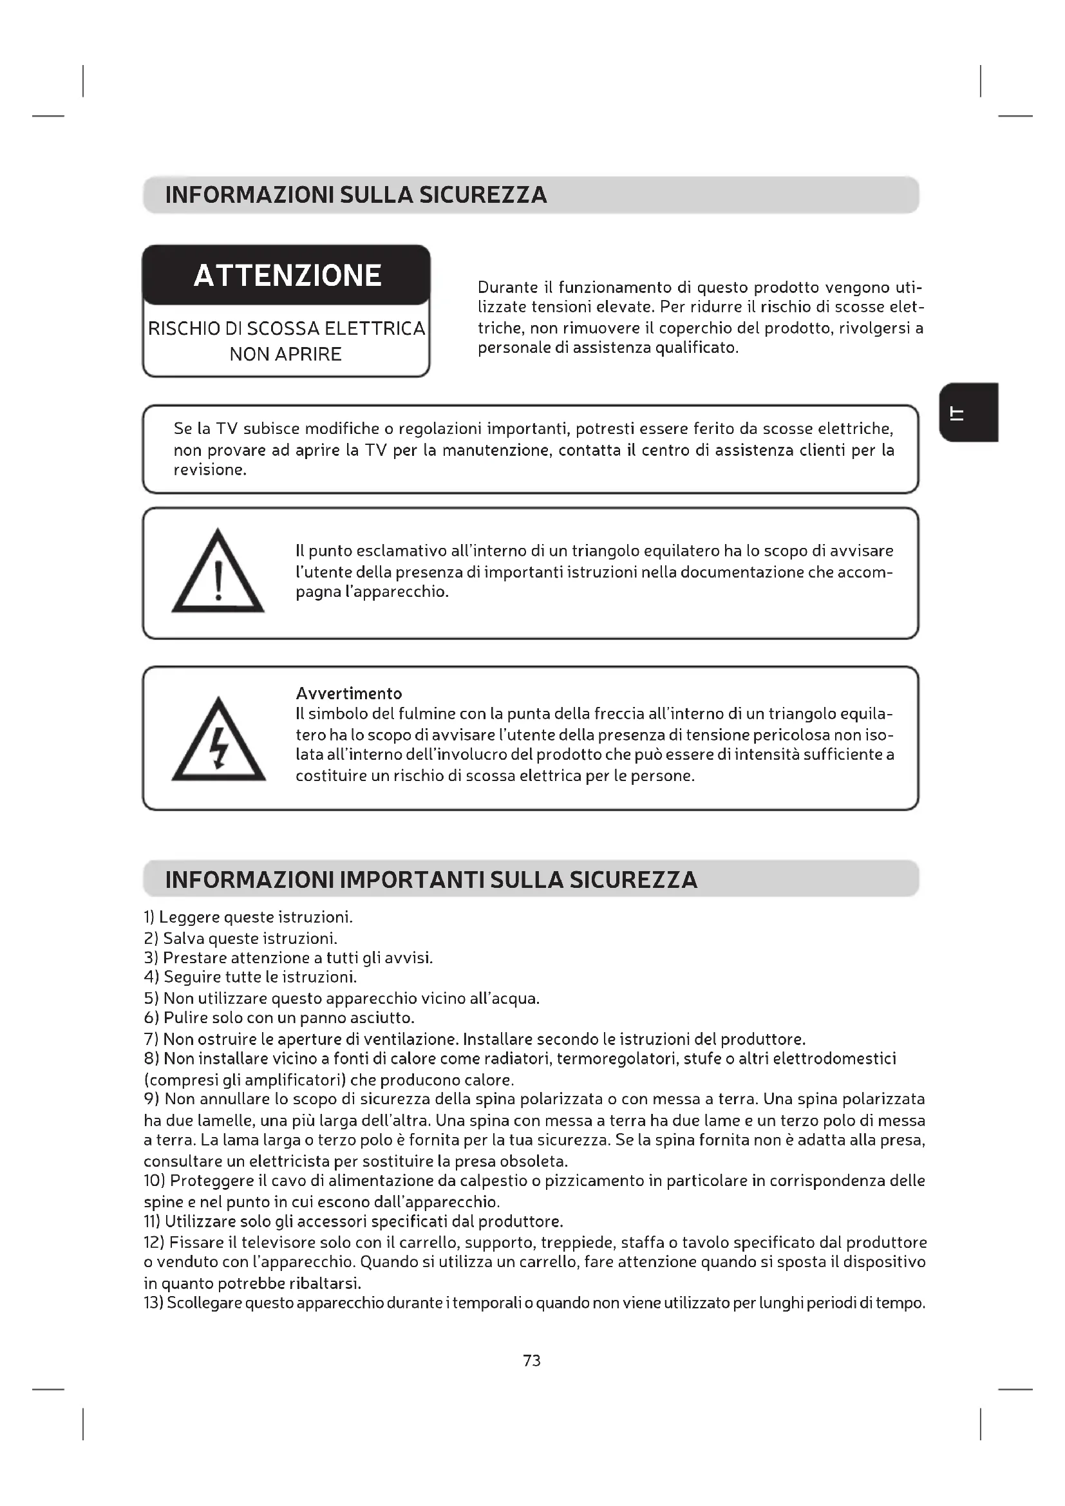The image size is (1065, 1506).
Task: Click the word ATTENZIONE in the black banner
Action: pyautogui.click(x=287, y=276)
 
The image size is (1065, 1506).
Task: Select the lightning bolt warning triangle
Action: pyautogui.click(x=218, y=742)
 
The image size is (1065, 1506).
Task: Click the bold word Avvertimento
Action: pyautogui.click(x=348, y=693)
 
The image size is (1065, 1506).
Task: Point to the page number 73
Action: pyautogui.click(x=532, y=1360)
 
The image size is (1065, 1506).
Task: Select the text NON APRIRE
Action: pyautogui.click(x=285, y=355)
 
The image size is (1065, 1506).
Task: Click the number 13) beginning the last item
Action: pyautogui.click(x=153, y=1303)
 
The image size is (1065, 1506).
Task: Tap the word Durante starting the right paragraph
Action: pyautogui.click(x=503, y=288)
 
